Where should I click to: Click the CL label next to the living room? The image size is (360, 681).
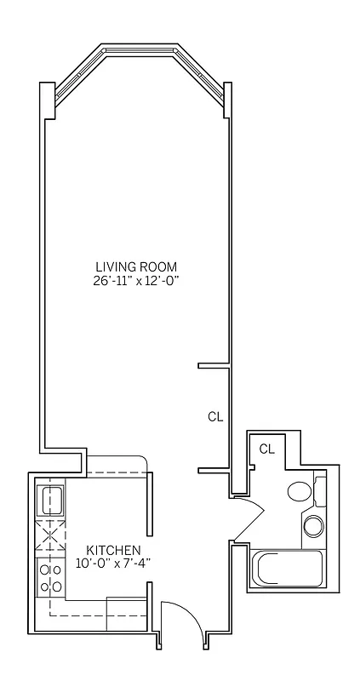click(215, 416)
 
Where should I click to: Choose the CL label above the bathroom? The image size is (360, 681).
click(266, 449)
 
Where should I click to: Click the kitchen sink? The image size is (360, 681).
click(50, 497)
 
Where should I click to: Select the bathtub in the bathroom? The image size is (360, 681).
click(287, 567)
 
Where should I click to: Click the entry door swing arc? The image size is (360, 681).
click(181, 616)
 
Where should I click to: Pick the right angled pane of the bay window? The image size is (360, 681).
click(201, 72)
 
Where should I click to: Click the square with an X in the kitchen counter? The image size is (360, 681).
click(50, 536)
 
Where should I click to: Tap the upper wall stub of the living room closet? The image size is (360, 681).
click(215, 366)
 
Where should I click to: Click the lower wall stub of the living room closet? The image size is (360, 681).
click(215, 470)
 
